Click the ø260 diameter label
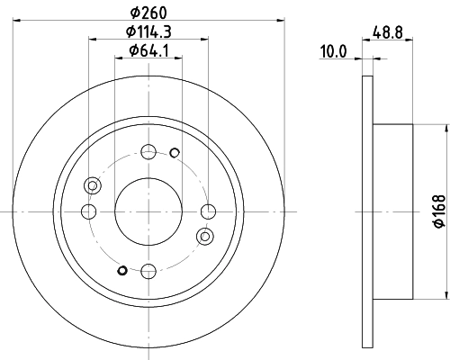pyautogui.click(x=148, y=13)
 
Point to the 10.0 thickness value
pyautogui.click(x=335, y=53)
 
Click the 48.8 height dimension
pyautogui.click(x=388, y=31)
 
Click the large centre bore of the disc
pyautogui.click(x=148, y=211)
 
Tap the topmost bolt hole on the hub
pyautogui.click(x=148, y=152)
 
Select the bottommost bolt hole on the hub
pyautogui.click(x=148, y=268)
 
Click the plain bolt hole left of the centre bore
pyautogui.click(x=88, y=211)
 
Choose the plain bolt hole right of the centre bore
pyautogui.click(x=208, y=211)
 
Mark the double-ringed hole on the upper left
pyautogui.click(x=91, y=185)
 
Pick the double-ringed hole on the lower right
pyautogui.click(x=205, y=236)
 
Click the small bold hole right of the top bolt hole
pyautogui.click(x=175, y=151)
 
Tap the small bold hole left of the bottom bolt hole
pyautogui.click(x=122, y=269)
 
